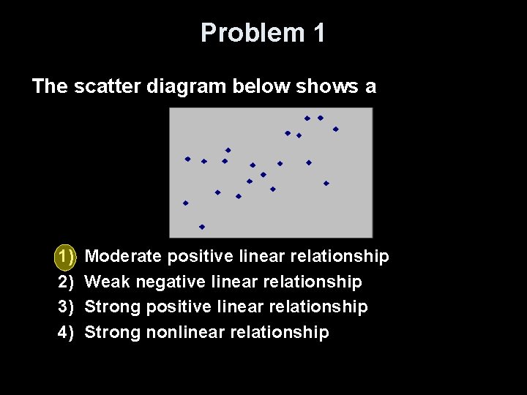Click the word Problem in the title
[x=242, y=33]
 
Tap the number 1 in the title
[x=318, y=33]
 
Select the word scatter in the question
[x=107, y=86]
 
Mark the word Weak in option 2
[x=108, y=282]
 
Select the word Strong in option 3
[x=113, y=306]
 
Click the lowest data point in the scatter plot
[x=202, y=227]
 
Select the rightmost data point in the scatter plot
[x=336, y=129]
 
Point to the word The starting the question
[x=50, y=86]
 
